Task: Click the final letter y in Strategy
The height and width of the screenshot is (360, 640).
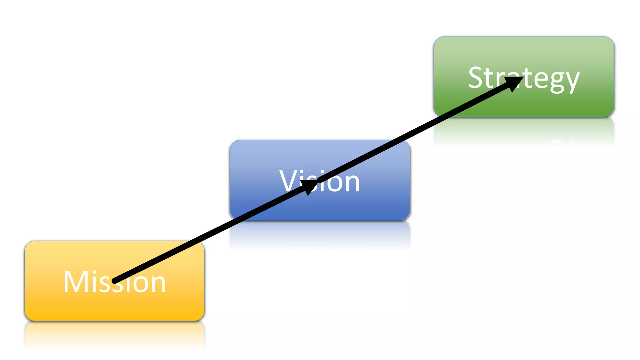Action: pyautogui.click(x=571, y=80)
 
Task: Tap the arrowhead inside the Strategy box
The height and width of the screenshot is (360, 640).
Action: pyautogui.click(x=514, y=83)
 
